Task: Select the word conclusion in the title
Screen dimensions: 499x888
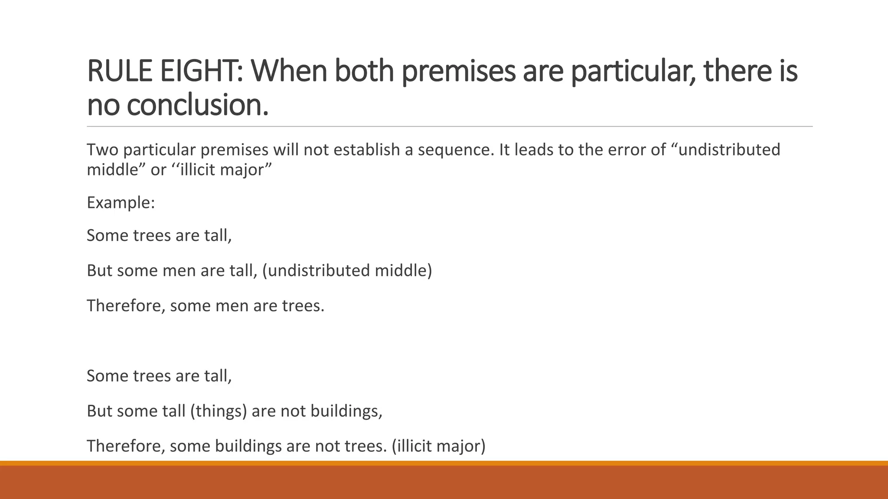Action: (197, 106)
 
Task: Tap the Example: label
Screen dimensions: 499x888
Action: (121, 203)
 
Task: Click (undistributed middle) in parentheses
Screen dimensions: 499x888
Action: (347, 271)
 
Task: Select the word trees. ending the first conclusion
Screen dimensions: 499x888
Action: (303, 306)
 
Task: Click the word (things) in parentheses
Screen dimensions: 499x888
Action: (219, 411)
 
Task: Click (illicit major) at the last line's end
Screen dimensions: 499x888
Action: (438, 446)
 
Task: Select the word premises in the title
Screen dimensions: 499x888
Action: (458, 71)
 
